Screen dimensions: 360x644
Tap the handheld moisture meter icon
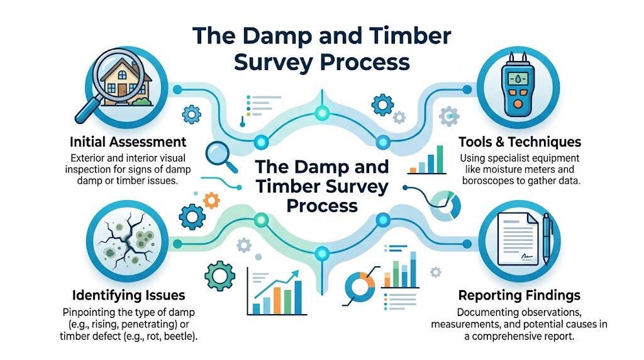[518, 84]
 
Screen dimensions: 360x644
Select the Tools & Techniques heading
[520, 142]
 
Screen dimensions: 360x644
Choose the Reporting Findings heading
[519, 295]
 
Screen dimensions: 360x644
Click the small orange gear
[212, 200]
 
